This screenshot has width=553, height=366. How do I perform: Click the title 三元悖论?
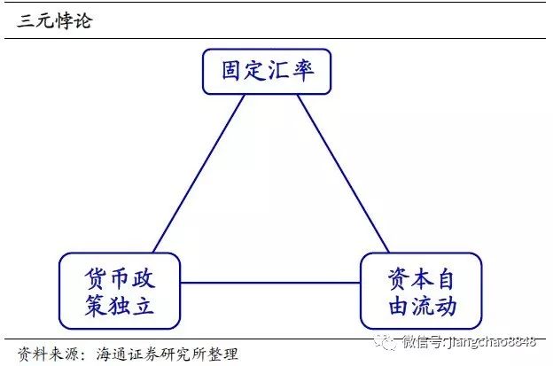pyautogui.click(x=55, y=20)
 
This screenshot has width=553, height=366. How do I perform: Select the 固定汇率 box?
pyautogui.click(x=267, y=72)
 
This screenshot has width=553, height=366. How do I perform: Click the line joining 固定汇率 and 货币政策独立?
pyautogui.click(x=199, y=174)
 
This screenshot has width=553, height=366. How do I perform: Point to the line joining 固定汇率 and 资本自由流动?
pyautogui.click(x=343, y=174)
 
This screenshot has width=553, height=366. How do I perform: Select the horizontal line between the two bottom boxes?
pyautogui.click(x=270, y=283)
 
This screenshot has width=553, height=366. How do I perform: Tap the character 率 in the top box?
pyautogui.click(x=303, y=71)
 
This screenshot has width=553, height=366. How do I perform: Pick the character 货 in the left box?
pyautogui.click(x=95, y=278)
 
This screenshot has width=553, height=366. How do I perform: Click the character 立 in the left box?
pyautogui.click(x=143, y=304)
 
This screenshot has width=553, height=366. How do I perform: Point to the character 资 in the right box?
pyautogui.click(x=399, y=278)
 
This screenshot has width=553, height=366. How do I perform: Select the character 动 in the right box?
pyautogui.click(x=446, y=306)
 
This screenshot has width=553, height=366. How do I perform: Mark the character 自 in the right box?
pyautogui.click(x=446, y=278)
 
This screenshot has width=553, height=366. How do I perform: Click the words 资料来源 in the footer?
pyautogui.click(x=48, y=354)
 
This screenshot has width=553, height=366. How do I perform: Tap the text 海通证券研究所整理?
pyautogui.click(x=167, y=354)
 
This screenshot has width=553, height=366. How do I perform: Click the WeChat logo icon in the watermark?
pyautogui.click(x=386, y=341)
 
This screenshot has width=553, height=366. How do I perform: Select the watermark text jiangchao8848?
pyautogui.click(x=491, y=342)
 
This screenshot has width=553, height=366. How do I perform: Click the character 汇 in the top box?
pyautogui.click(x=279, y=71)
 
